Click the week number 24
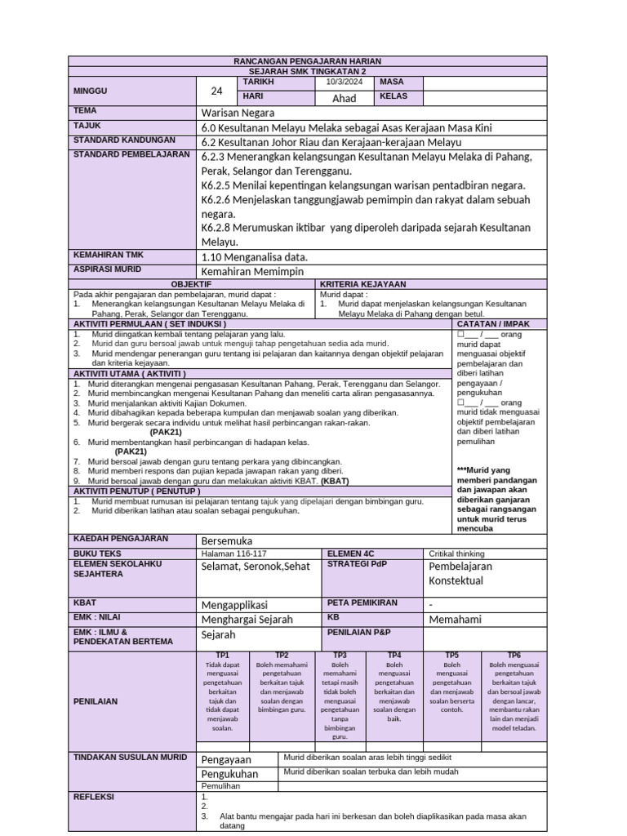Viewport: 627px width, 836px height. [216, 91]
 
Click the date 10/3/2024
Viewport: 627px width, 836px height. [344, 82]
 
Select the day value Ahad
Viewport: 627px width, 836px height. [345, 99]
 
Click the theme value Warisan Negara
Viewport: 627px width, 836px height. [238, 113]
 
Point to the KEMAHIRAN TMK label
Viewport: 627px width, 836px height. [103, 256]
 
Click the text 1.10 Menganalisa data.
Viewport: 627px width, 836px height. [254, 256]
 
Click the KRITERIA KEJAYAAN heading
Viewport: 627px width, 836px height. [363, 283]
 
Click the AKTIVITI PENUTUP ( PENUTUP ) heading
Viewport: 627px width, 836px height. [137, 491]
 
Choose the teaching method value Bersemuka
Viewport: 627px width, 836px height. [227, 540]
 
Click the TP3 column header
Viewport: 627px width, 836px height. [340, 655]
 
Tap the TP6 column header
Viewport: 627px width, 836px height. [514, 655]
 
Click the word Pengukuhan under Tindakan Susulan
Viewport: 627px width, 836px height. [229, 773]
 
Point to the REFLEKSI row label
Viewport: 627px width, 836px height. [95, 797]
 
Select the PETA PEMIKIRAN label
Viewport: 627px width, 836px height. [362, 603]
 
